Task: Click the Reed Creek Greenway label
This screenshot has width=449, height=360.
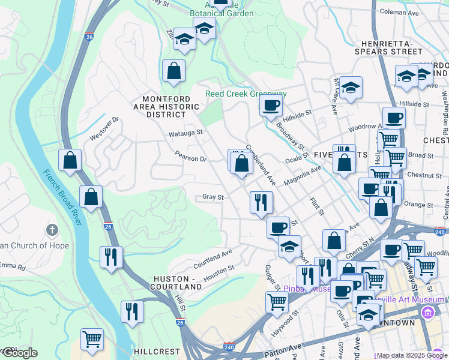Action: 246,94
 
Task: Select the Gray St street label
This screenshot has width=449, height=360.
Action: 212,197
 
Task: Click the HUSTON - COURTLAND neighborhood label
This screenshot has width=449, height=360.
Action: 178,283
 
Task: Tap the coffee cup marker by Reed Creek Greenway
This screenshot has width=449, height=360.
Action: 271,106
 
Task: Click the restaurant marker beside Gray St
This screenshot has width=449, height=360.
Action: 261,202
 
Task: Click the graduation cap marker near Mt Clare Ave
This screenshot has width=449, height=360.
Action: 351,86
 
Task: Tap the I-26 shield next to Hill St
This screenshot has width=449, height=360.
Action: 180,323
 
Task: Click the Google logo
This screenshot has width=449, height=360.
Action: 19,353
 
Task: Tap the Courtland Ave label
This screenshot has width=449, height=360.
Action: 212,260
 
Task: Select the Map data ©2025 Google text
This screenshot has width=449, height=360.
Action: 411,356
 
